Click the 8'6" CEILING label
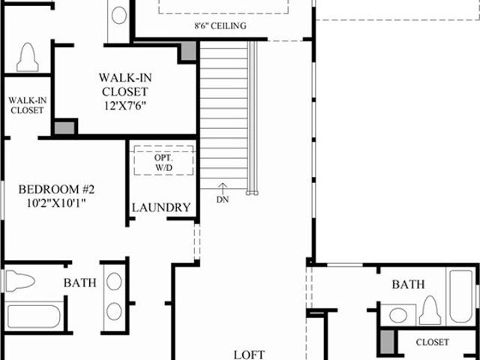coord(220,25)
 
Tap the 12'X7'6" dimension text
coord(125,106)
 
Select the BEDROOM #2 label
coord(56,190)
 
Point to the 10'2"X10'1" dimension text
coord(55,203)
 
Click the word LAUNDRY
coord(161,208)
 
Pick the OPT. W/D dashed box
coord(163,160)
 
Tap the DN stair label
coord(223,199)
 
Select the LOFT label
coord(249,355)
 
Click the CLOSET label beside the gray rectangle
coord(433,342)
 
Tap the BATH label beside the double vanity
coord(80,283)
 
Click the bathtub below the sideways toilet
coord(34,316)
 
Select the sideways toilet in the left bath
coord(20,280)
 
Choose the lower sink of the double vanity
coord(114,311)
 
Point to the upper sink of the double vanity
coord(114,281)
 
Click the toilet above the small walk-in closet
coord(28,57)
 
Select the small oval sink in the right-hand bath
coord(398,315)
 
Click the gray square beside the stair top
coord(188,51)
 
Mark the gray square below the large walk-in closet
coord(64,128)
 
